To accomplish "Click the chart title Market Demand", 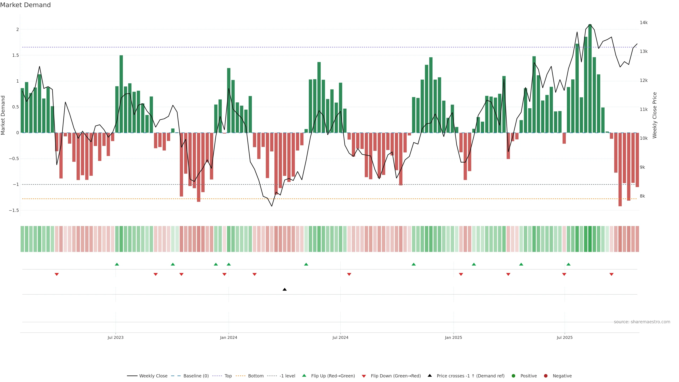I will pos(25,5).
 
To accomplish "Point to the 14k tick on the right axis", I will pos(643,23).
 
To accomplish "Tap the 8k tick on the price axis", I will pos(642,196).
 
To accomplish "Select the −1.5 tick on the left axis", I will pos(14,210).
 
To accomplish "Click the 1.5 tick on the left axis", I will pos(16,55).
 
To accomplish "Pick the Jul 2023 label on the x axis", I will pos(115,337).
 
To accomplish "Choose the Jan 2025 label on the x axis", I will pos(453,337).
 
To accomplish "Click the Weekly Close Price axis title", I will pos(655,115).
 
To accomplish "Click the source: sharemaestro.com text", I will pos(642,322).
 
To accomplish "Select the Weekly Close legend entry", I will pos(153,376).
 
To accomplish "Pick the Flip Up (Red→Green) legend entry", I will pos(333,376).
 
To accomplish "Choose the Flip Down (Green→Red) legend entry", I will pos(395,376).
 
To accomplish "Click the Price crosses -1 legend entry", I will pos(470,376).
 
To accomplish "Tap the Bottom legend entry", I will pos(255,376).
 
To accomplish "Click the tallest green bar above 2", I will pos(590,79).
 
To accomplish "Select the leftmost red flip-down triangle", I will pos(57,274).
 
